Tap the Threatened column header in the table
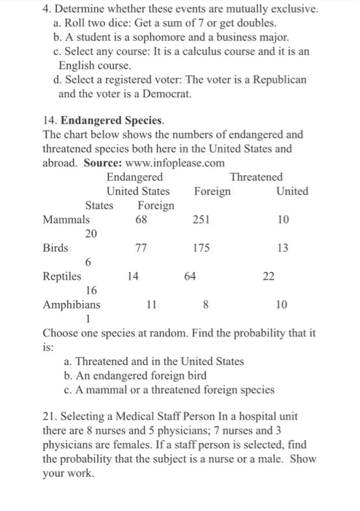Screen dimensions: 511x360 coord(256,177)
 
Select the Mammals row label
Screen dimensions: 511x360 coord(67,219)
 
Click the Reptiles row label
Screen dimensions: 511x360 coord(62,276)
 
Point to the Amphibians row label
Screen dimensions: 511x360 coord(72,304)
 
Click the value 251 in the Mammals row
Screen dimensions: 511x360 coord(202,219)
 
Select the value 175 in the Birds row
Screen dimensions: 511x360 coord(202,247)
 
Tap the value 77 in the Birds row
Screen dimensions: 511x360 coord(142,247)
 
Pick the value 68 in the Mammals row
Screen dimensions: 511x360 coord(142,219)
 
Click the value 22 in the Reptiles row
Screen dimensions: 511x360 coord(268,276)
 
